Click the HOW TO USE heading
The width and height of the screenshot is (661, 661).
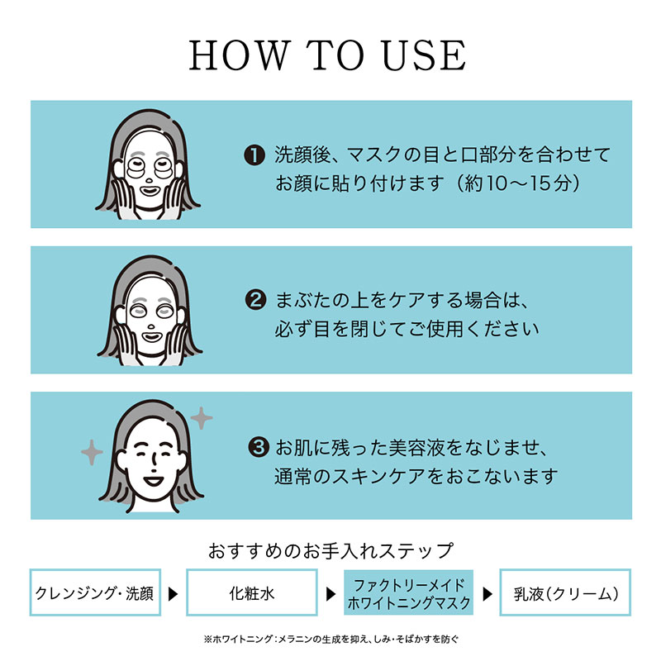pos(327,55)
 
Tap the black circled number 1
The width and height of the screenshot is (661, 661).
pos(254,155)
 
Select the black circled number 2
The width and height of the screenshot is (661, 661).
pos(255,301)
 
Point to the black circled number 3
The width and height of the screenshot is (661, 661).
pos(259,447)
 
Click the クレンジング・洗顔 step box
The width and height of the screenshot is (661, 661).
pos(95,592)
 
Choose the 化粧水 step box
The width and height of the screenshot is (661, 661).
pos(252,592)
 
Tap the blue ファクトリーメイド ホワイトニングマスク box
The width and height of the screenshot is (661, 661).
pos(408,592)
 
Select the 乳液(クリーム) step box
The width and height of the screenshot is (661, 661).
pos(565,592)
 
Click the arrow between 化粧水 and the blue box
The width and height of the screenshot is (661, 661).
pos(331,594)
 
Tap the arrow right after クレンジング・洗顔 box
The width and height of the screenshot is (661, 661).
pos(173,594)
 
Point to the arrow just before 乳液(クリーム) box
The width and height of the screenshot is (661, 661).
pos(487,594)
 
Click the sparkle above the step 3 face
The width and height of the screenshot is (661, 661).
pos(202,418)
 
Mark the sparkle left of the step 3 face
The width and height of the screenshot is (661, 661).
pos(92,452)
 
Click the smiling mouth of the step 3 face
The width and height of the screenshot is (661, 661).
pos(153,481)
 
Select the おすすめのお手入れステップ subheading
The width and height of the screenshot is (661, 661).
pos(331,550)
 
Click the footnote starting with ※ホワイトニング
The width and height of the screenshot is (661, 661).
pos(331,640)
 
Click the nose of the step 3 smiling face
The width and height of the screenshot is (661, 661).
pos(155,464)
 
